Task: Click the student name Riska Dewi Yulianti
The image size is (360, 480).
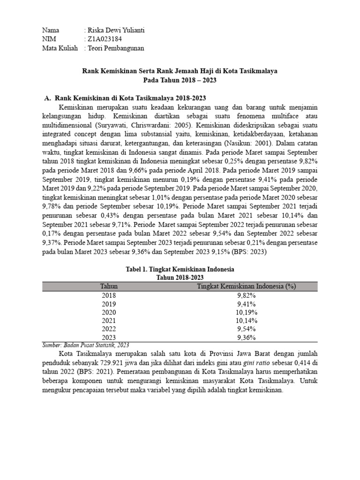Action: coord(114,30)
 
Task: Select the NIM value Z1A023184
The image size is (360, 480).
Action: coord(103,39)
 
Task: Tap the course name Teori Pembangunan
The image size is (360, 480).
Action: coord(114,48)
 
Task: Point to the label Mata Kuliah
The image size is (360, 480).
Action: coord(60,48)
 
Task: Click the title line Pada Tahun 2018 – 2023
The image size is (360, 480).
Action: coord(180,80)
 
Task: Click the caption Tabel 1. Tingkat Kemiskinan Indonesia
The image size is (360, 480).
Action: coord(180,270)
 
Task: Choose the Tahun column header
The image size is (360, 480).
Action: coord(109,286)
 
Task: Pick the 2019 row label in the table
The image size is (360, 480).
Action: coord(109,304)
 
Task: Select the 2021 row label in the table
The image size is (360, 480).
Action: coord(109,321)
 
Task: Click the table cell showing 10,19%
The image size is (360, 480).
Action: coord(247,312)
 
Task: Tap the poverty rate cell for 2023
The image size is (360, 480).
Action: coord(247,337)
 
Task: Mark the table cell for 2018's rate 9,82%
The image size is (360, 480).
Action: coord(247,295)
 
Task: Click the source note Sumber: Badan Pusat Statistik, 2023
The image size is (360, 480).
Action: coord(86,345)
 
